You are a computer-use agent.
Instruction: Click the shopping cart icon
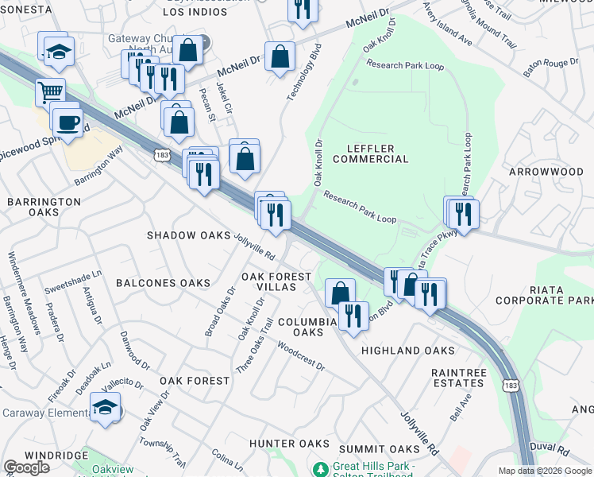(49, 92)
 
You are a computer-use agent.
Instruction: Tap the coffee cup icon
(67, 121)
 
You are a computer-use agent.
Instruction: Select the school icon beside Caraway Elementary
(104, 408)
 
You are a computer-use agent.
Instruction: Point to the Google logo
(26, 467)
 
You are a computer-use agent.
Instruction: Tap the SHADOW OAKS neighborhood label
(187, 236)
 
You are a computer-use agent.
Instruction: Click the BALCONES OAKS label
(163, 283)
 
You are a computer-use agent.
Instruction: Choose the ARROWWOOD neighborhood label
(546, 171)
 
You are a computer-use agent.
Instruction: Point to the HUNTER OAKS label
(289, 443)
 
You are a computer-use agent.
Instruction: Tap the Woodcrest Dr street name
(301, 356)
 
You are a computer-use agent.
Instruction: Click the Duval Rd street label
(551, 448)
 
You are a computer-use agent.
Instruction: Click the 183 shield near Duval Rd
(510, 385)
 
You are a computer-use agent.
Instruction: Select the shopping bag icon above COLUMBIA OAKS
(339, 292)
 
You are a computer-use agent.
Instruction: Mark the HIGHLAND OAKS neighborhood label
(408, 351)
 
